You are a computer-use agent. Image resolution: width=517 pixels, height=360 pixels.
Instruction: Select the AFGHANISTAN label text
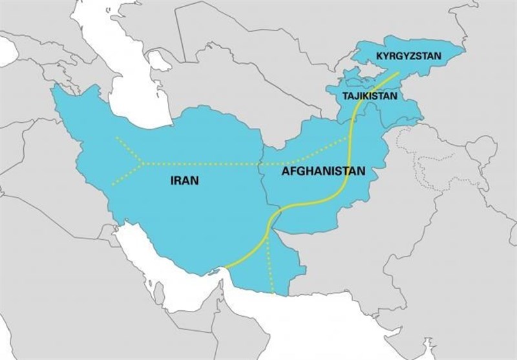point(323,173)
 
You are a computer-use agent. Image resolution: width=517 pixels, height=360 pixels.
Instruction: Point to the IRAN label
point(184,182)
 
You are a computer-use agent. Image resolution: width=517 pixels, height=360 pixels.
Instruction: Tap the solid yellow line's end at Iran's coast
point(227,266)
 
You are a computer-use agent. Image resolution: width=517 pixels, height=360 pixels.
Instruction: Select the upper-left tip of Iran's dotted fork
point(116,138)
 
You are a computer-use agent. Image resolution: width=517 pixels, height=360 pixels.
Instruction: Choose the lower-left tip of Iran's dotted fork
point(112,185)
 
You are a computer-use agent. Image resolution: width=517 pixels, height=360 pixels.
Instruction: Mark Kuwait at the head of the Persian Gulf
point(107,220)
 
